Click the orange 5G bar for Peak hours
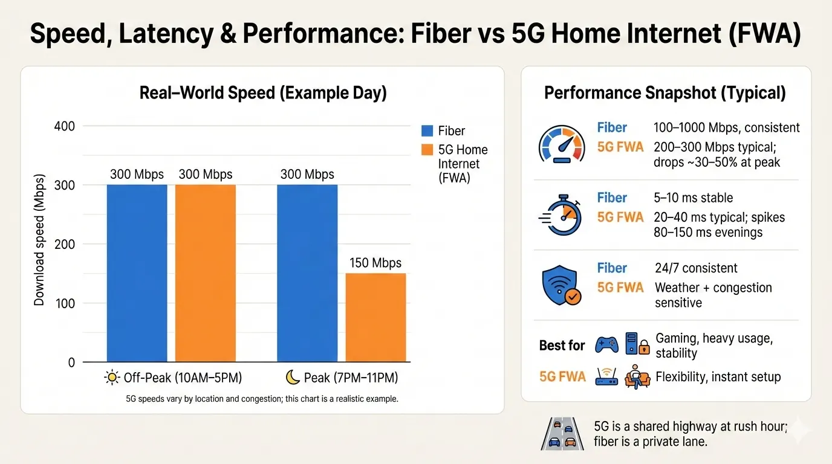(375, 318)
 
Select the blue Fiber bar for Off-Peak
(137, 273)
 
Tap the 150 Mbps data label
(375, 263)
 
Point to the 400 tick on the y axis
(63, 126)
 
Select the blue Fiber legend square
(427, 130)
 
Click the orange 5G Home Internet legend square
(427, 150)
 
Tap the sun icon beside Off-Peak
(112, 378)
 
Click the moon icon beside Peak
(293, 378)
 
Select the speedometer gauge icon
(561, 145)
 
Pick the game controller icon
(606, 345)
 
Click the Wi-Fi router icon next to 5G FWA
(606, 377)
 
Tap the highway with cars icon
(561, 434)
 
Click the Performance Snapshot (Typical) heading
(665, 93)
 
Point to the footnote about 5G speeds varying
(262, 399)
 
